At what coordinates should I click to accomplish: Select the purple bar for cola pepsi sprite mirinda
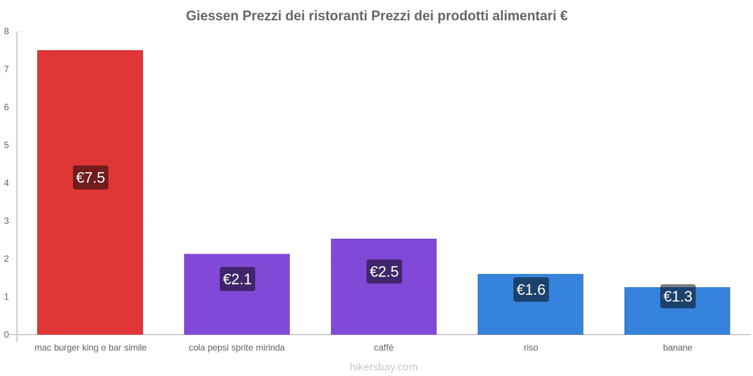click(237, 310)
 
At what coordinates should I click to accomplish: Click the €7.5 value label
click(90, 178)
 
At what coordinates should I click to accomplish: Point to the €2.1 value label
click(237, 279)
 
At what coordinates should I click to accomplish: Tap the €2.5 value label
click(384, 272)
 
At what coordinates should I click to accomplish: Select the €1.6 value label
click(531, 290)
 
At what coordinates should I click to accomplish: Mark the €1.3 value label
click(678, 297)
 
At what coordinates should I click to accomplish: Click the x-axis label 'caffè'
click(384, 348)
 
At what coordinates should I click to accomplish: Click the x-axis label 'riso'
click(530, 348)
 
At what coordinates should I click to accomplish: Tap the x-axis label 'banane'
click(677, 348)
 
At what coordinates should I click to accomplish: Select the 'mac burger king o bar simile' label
click(90, 348)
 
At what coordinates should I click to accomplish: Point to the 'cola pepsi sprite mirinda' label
click(237, 348)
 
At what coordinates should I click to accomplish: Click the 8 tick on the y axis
click(7, 31)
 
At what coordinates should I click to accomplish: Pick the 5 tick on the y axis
click(7, 145)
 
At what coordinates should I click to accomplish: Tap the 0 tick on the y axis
click(7, 335)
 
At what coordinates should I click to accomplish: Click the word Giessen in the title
click(212, 16)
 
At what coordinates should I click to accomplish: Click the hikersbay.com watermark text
click(384, 367)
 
